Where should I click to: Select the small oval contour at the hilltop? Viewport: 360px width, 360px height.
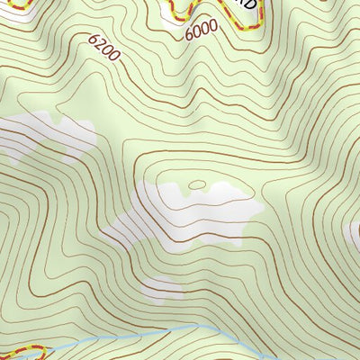(x=198, y=186)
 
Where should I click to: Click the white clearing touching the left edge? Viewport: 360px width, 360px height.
(x=45, y=135)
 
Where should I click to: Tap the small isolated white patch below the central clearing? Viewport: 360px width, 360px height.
(x=162, y=287)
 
